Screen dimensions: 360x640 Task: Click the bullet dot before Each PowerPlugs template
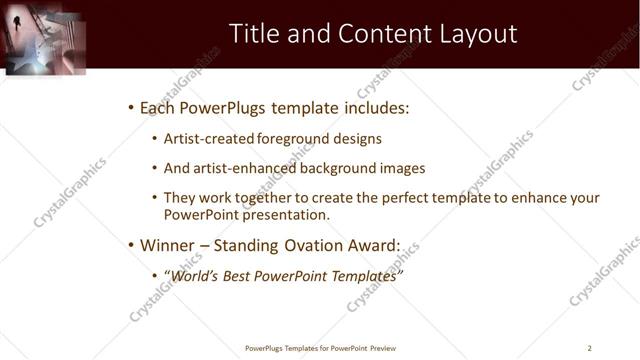130,107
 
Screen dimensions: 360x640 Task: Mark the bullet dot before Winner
130,244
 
